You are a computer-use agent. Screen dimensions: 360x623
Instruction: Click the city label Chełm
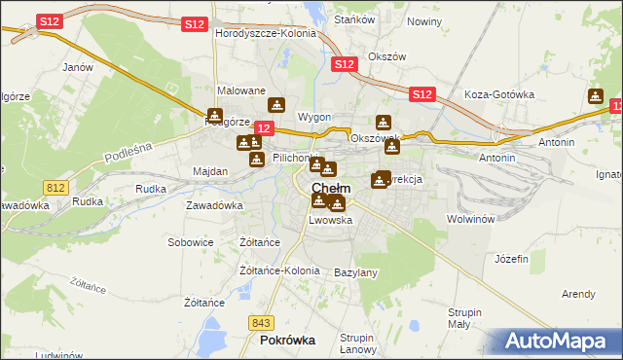coord(332,188)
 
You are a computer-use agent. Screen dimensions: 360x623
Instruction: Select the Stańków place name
coord(349,18)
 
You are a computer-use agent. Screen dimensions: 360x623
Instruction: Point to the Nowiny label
coord(423,21)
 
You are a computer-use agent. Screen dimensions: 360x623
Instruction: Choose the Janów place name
coord(77,68)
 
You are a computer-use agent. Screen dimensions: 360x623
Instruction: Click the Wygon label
coord(314,117)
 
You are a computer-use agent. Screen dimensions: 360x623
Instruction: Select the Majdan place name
coord(210,171)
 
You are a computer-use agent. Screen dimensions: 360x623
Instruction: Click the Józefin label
coord(511,259)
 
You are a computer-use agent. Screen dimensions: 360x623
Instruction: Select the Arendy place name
coord(578,293)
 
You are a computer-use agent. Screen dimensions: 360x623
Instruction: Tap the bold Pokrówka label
coord(288,341)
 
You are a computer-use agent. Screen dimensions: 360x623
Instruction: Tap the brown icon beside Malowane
coord(277,105)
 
